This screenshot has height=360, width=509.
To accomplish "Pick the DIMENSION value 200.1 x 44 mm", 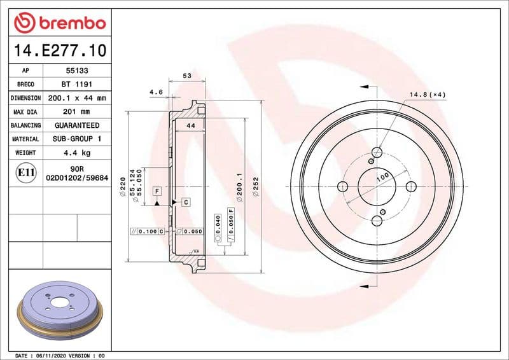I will coord(76,98).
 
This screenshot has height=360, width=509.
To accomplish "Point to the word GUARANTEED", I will coord(76,125).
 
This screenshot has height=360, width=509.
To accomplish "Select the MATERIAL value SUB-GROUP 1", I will coord(76,139).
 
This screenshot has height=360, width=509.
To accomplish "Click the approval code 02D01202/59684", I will coord(76,179).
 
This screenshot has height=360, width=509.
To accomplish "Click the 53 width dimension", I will coord(187,76).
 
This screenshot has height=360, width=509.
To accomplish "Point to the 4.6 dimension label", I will coord(156,92).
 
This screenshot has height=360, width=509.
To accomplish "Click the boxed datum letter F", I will coord(156,191).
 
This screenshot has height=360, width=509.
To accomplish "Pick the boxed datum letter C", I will coord(186,202).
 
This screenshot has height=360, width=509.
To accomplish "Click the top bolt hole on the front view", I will coord(377,153).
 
